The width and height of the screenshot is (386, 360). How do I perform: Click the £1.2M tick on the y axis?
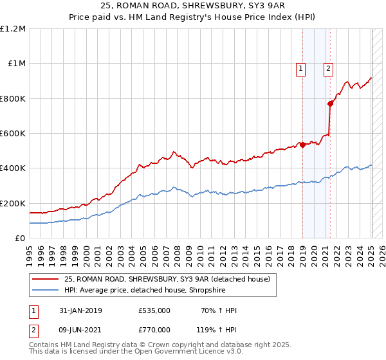(x=13, y=29)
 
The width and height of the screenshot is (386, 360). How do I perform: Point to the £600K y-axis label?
(x=13, y=134)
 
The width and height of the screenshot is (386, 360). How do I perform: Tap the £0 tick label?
(x=19, y=239)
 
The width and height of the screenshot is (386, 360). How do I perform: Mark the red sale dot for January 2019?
(x=302, y=145)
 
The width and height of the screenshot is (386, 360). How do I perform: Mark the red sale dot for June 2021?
(x=330, y=104)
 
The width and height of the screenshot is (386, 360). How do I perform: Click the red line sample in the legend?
(x=46, y=278)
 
